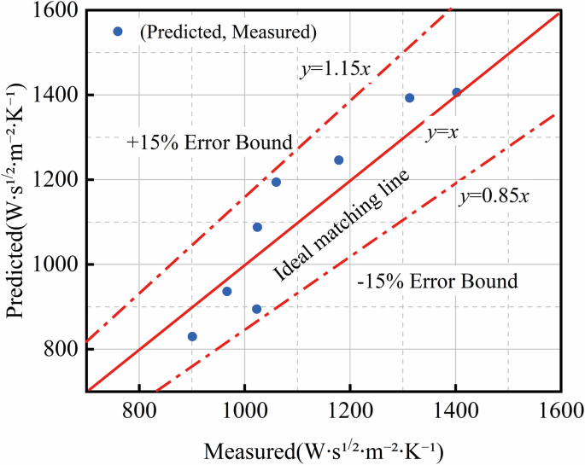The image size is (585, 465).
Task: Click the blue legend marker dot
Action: (119, 32)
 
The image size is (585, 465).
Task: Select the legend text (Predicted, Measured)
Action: (229, 32)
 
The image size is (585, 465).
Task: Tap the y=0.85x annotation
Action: (494, 195)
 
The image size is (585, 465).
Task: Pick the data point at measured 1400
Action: (456, 92)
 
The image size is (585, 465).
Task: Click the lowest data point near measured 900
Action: (192, 336)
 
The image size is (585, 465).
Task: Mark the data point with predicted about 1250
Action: (338, 160)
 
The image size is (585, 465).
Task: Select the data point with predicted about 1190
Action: (276, 182)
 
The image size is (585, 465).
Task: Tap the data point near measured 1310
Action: (409, 98)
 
